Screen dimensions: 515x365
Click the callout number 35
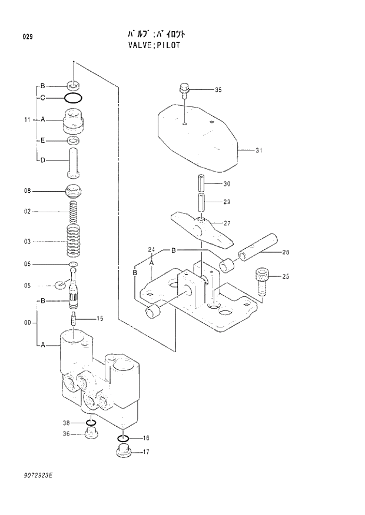(x=218, y=90)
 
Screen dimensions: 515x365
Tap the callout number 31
(x=258, y=151)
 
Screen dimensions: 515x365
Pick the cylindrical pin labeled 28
(x=257, y=248)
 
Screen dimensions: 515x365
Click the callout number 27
(x=227, y=223)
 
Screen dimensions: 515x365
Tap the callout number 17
(x=145, y=452)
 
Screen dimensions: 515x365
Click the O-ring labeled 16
(x=122, y=438)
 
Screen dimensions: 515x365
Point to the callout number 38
(x=67, y=423)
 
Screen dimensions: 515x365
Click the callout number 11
(x=27, y=119)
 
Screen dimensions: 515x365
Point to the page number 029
(x=27, y=37)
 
